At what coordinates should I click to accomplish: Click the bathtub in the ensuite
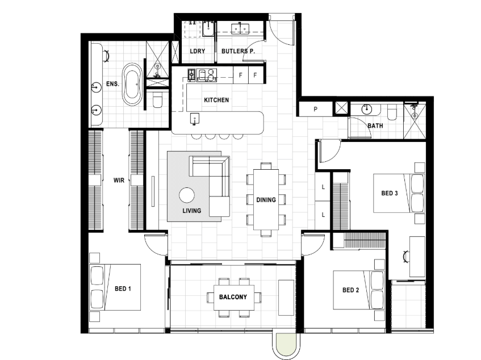coord(132,85)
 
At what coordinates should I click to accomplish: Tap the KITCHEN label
coord(216,100)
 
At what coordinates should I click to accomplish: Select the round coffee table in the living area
coord(187,195)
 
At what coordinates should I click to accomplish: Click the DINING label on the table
coord(266,200)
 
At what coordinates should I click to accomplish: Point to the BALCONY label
coord(233,297)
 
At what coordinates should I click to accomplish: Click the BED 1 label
coord(123,288)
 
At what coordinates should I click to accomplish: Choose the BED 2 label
coord(350,290)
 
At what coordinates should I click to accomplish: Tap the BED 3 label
coord(390,193)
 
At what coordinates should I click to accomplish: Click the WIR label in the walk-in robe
coord(119,181)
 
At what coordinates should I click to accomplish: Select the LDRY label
coord(197,51)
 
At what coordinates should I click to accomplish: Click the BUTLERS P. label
coord(238,51)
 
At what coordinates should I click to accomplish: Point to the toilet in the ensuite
coord(157,101)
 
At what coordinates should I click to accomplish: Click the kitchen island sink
coord(194,119)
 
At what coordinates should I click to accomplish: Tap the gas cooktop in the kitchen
coord(191,75)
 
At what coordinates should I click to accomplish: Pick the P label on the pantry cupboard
coord(315,109)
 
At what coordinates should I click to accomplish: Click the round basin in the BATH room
coord(367,109)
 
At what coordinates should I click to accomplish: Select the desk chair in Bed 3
coord(407,256)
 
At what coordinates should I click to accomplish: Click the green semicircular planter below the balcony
coord(286,345)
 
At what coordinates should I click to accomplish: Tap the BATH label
coord(375,125)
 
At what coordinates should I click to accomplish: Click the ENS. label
coord(112,83)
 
